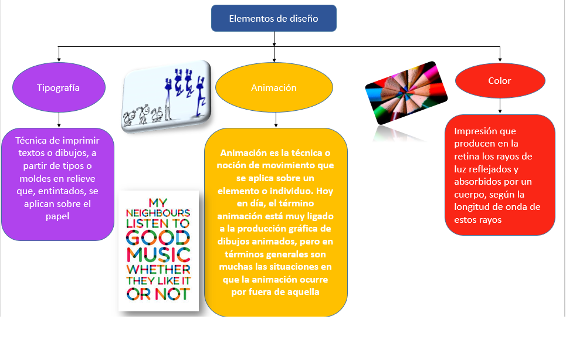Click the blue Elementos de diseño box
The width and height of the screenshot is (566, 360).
[273, 18]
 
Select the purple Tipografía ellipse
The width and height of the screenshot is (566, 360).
[59, 87]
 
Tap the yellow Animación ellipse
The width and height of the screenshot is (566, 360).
[274, 88]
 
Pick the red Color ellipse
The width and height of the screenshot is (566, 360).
[500, 81]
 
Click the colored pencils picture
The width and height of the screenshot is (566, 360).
[406, 93]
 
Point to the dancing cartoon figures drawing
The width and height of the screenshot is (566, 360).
[166, 95]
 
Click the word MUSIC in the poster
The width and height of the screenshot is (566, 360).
[158, 254]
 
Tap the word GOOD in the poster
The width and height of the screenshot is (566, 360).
[158, 237]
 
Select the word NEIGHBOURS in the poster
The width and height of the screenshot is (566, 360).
[158, 212]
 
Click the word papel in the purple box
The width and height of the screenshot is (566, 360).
[57, 216]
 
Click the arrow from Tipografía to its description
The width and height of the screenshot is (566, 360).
[59, 120]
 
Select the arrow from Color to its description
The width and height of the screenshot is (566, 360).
[500, 106]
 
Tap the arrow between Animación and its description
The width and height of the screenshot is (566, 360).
[276, 120]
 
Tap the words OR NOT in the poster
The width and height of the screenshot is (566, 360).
[158, 294]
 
